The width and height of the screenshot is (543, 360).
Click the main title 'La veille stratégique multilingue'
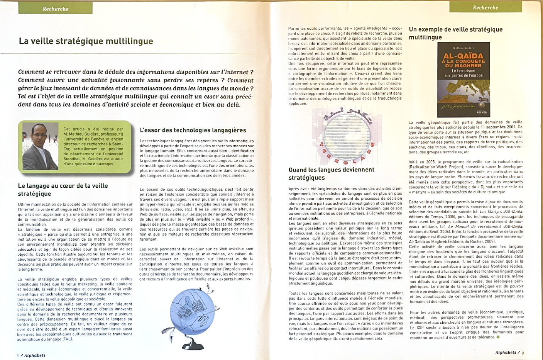click(86, 41)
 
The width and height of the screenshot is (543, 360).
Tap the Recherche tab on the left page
click(56, 9)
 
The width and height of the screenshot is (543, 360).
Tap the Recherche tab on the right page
click(485, 8)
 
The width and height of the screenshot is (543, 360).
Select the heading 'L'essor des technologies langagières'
click(193, 130)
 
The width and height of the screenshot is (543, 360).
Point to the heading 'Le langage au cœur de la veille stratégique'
click(63, 190)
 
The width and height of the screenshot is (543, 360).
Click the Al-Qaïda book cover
click(463, 80)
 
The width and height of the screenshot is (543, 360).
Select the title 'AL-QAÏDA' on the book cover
click(463, 56)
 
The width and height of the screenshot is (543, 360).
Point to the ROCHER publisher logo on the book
click(482, 112)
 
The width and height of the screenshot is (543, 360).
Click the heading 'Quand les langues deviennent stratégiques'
click(331, 173)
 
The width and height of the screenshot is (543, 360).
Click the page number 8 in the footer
click(18, 355)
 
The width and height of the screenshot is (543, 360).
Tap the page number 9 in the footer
click(523, 353)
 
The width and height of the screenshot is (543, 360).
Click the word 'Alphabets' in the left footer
click(35, 355)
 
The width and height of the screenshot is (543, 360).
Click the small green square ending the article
click(498, 337)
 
